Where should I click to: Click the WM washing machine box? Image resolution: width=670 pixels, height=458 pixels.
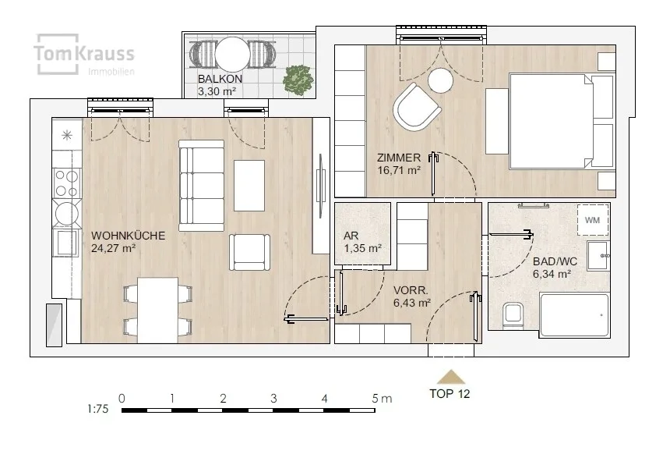592,219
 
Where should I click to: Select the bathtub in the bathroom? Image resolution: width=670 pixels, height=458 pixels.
574,314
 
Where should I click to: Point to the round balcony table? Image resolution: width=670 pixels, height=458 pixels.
232,55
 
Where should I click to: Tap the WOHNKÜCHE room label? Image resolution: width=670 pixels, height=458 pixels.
128,236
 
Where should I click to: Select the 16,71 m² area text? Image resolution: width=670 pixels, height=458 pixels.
399,170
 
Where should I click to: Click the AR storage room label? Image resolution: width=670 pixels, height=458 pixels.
351,236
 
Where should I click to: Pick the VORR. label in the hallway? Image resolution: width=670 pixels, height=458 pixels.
411,290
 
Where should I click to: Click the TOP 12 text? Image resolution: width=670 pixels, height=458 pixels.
450,394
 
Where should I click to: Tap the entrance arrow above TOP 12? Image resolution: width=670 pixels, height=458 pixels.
451,377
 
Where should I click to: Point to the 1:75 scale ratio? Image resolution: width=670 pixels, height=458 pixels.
98,409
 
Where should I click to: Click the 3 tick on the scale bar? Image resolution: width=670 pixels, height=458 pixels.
273,399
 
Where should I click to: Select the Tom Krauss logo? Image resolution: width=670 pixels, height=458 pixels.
84,55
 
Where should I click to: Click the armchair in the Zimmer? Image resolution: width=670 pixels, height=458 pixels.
416,107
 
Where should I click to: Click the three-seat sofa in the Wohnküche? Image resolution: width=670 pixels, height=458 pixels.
201,186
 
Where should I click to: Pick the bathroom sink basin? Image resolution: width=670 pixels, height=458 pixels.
598,256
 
